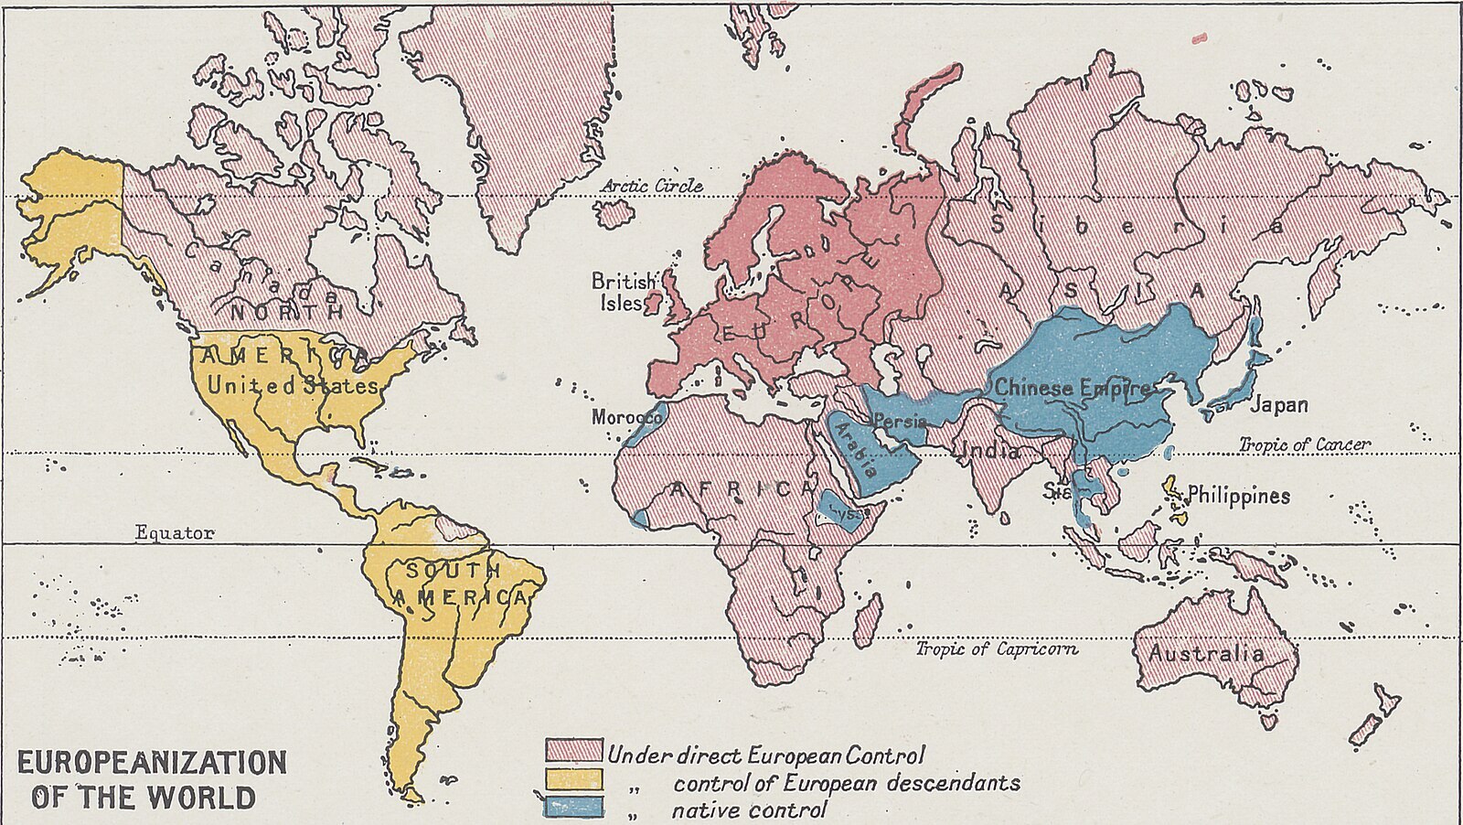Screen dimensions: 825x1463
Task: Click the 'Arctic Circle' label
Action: coord(652,186)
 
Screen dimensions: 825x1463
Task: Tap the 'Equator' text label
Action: coord(174,532)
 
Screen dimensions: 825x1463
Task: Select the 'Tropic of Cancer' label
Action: coord(1304,445)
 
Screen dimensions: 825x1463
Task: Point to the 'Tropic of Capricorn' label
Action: coord(997,648)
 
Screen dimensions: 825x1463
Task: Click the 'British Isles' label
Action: coord(623,291)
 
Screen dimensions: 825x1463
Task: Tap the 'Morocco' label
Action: coord(625,417)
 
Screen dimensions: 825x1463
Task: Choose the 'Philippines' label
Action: coord(1238,496)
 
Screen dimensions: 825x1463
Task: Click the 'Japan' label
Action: coord(1278,404)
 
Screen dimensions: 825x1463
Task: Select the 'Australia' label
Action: coord(1206,653)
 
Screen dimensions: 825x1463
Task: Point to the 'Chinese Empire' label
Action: coord(1071,388)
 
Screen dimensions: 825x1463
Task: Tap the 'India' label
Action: coord(988,451)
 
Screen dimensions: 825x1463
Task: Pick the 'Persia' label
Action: coord(900,421)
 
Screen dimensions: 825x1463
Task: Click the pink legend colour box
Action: coord(573,751)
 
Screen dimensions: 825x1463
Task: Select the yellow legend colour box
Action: coord(573,779)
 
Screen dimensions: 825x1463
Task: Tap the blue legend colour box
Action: coord(573,807)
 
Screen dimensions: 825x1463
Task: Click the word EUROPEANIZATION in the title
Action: coord(152,763)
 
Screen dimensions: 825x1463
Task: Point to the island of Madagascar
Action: coord(868,619)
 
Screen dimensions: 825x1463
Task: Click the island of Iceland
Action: coord(614,214)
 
